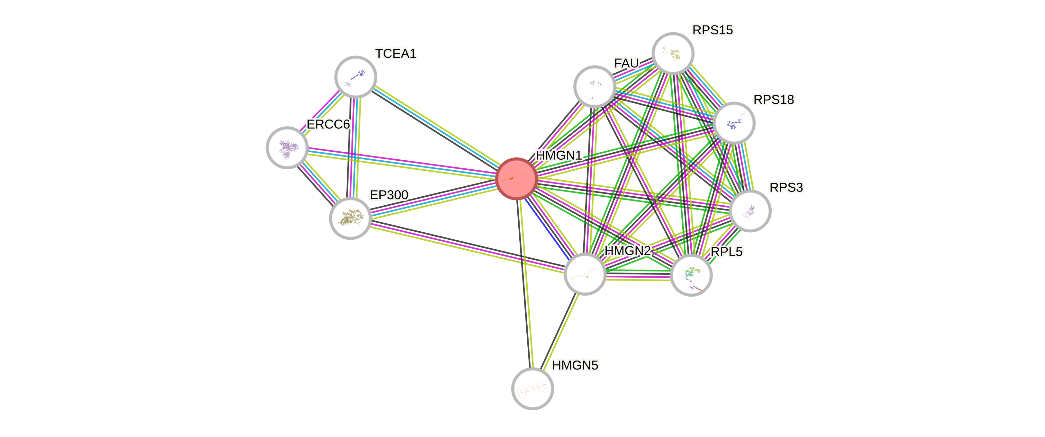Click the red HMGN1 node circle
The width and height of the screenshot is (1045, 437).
(x=516, y=179)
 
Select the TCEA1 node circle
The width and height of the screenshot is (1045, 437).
(x=356, y=76)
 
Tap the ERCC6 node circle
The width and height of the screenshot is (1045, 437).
(x=287, y=147)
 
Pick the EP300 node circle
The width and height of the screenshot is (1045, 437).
(x=350, y=218)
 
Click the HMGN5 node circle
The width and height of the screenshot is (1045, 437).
(x=532, y=388)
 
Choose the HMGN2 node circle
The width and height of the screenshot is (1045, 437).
(x=585, y=274)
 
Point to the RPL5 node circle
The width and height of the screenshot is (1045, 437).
(x=691, y=275)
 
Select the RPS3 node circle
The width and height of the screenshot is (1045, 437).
(x=750, y=211)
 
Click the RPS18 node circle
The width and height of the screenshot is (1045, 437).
(x=734, y=123)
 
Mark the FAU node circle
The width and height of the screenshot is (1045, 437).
(x=594, y=86)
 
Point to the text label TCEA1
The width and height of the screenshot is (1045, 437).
(x=395, y=54)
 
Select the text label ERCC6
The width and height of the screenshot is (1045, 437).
(x=328, y=124)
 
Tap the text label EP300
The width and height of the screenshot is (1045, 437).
(x=389, y=195)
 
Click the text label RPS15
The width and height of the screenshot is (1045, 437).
(x=712, y=30)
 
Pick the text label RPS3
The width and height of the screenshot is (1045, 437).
(x=786, y=188)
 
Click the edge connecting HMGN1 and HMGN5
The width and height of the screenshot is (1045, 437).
(x=524, y=284)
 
